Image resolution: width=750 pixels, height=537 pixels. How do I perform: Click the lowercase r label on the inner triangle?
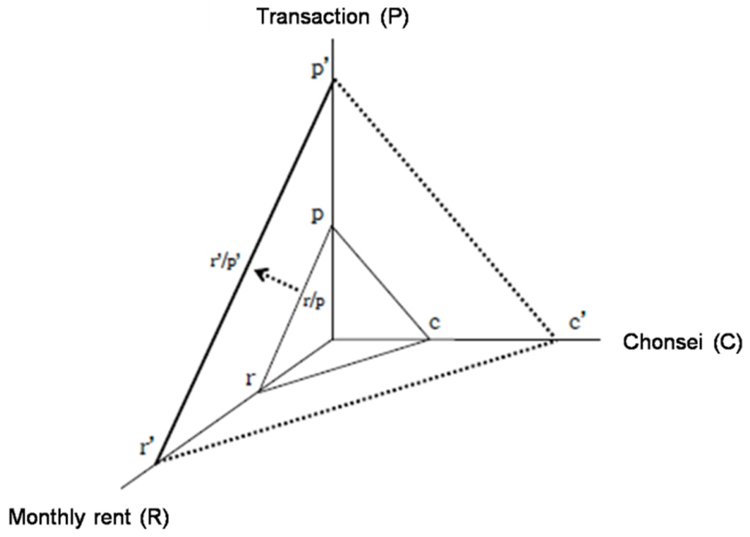(x=251, y=378)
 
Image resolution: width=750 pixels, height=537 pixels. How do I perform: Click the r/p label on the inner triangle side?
(x=312, y=300)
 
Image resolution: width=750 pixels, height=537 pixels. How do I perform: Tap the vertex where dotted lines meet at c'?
(x=554, y=340)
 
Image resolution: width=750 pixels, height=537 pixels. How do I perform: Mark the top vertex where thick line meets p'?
(x=333, y=81)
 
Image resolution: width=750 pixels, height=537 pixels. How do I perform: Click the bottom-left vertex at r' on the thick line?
(x=156, y=461)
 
